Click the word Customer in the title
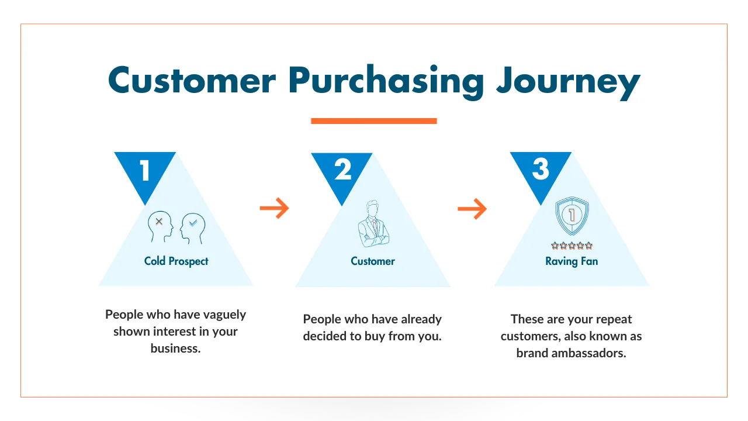pos(192,80)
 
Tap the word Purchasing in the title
pos(386,82)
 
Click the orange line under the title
pos(374,121)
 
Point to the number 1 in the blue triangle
pos(144,170)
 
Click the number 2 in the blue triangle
pos(342,170)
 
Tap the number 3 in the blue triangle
pos(541,169)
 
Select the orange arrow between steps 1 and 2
pos(274,208)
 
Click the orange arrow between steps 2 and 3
pos(472,209)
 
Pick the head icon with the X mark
pos(161,226)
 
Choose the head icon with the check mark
pos(193,228)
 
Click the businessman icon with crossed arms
pos(373,223)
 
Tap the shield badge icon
pos(572,216)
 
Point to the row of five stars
pos(572,246)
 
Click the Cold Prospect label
pos(176,261)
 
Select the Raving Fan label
pos(572,261)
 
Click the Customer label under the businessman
pos(373,261)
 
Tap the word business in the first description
pos(175,348)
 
